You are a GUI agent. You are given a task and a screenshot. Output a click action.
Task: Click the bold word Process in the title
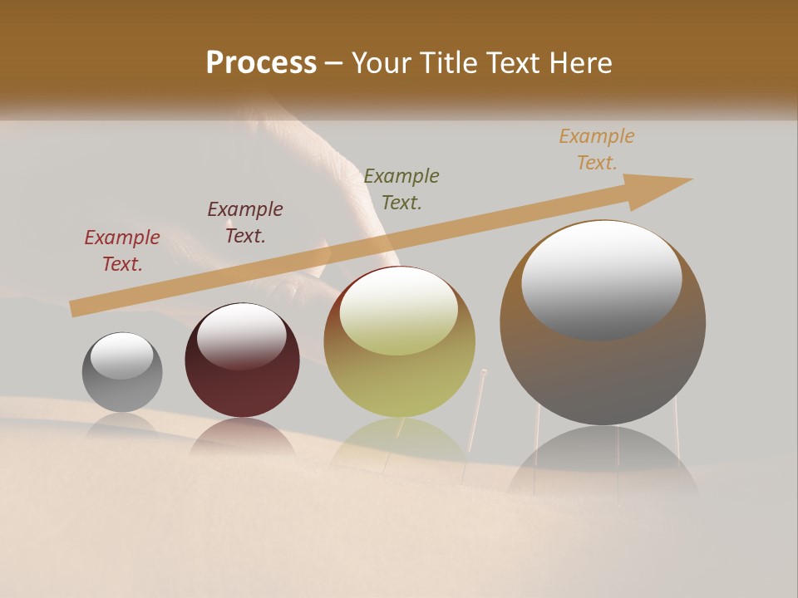click(261, 63)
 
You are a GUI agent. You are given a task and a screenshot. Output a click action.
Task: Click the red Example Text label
click(121, 251)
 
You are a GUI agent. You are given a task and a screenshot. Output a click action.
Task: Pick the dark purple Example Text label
click(244, 223)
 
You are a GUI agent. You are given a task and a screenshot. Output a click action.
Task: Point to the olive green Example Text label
click(401, 189)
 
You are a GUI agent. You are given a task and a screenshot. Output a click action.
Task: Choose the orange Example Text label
click(596, 149)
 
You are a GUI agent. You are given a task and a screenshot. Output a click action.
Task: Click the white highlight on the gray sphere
click(122, 355)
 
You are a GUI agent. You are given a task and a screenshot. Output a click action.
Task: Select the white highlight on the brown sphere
click(601, 279)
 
